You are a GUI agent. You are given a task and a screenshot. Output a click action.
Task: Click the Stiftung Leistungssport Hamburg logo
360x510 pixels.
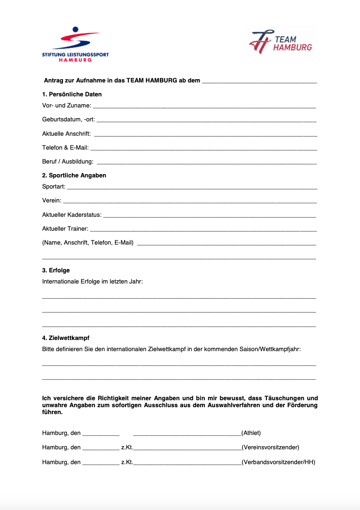(75, 44)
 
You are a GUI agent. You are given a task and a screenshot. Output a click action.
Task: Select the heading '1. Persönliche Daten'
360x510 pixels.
(72, 94)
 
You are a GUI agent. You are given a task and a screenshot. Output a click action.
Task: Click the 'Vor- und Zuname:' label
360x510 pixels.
(67, 106)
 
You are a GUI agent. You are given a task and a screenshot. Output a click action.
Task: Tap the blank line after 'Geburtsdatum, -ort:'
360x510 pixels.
(206, 120)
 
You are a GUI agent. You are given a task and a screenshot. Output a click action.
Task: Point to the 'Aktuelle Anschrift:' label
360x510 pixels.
(67, 134)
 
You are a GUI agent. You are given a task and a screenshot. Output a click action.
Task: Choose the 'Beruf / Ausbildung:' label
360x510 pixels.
(68, 162)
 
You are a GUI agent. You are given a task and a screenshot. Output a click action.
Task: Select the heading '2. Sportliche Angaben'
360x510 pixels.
(74, 176)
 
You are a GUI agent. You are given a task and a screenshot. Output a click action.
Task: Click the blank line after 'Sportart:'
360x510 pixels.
(192, 188)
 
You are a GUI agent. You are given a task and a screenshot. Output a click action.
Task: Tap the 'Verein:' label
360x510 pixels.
(52, 201)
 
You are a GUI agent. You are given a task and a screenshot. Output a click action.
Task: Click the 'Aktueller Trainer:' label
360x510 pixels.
(65, 229)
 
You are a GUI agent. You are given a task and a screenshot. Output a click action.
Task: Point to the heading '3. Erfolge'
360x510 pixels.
(56, 271)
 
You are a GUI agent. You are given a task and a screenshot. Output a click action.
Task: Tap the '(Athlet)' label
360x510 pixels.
(251, 433)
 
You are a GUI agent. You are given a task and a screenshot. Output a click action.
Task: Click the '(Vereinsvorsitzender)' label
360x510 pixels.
(270, 447)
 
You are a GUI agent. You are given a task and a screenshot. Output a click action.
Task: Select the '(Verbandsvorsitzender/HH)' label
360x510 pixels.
(278, 462)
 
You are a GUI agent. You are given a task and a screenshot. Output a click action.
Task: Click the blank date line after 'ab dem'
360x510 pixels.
(259, 82)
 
